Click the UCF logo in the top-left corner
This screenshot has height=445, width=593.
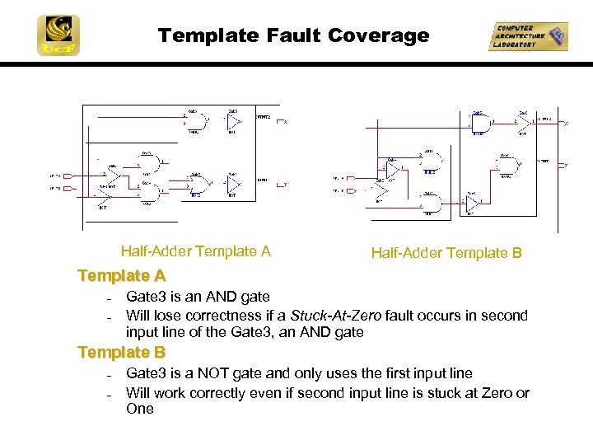click(58, 35)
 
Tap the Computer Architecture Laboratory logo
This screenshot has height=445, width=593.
click(527, 36)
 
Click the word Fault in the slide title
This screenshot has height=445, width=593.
click(293, 35)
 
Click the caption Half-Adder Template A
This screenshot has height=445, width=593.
click(195, 251)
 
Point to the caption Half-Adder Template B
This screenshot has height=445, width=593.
click(446, 253)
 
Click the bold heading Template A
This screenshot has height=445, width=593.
click(121, 275)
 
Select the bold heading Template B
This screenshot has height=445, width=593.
click(121, 353)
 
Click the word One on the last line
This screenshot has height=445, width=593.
click(139, 409)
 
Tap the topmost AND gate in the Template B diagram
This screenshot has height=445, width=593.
click(478, 124)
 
